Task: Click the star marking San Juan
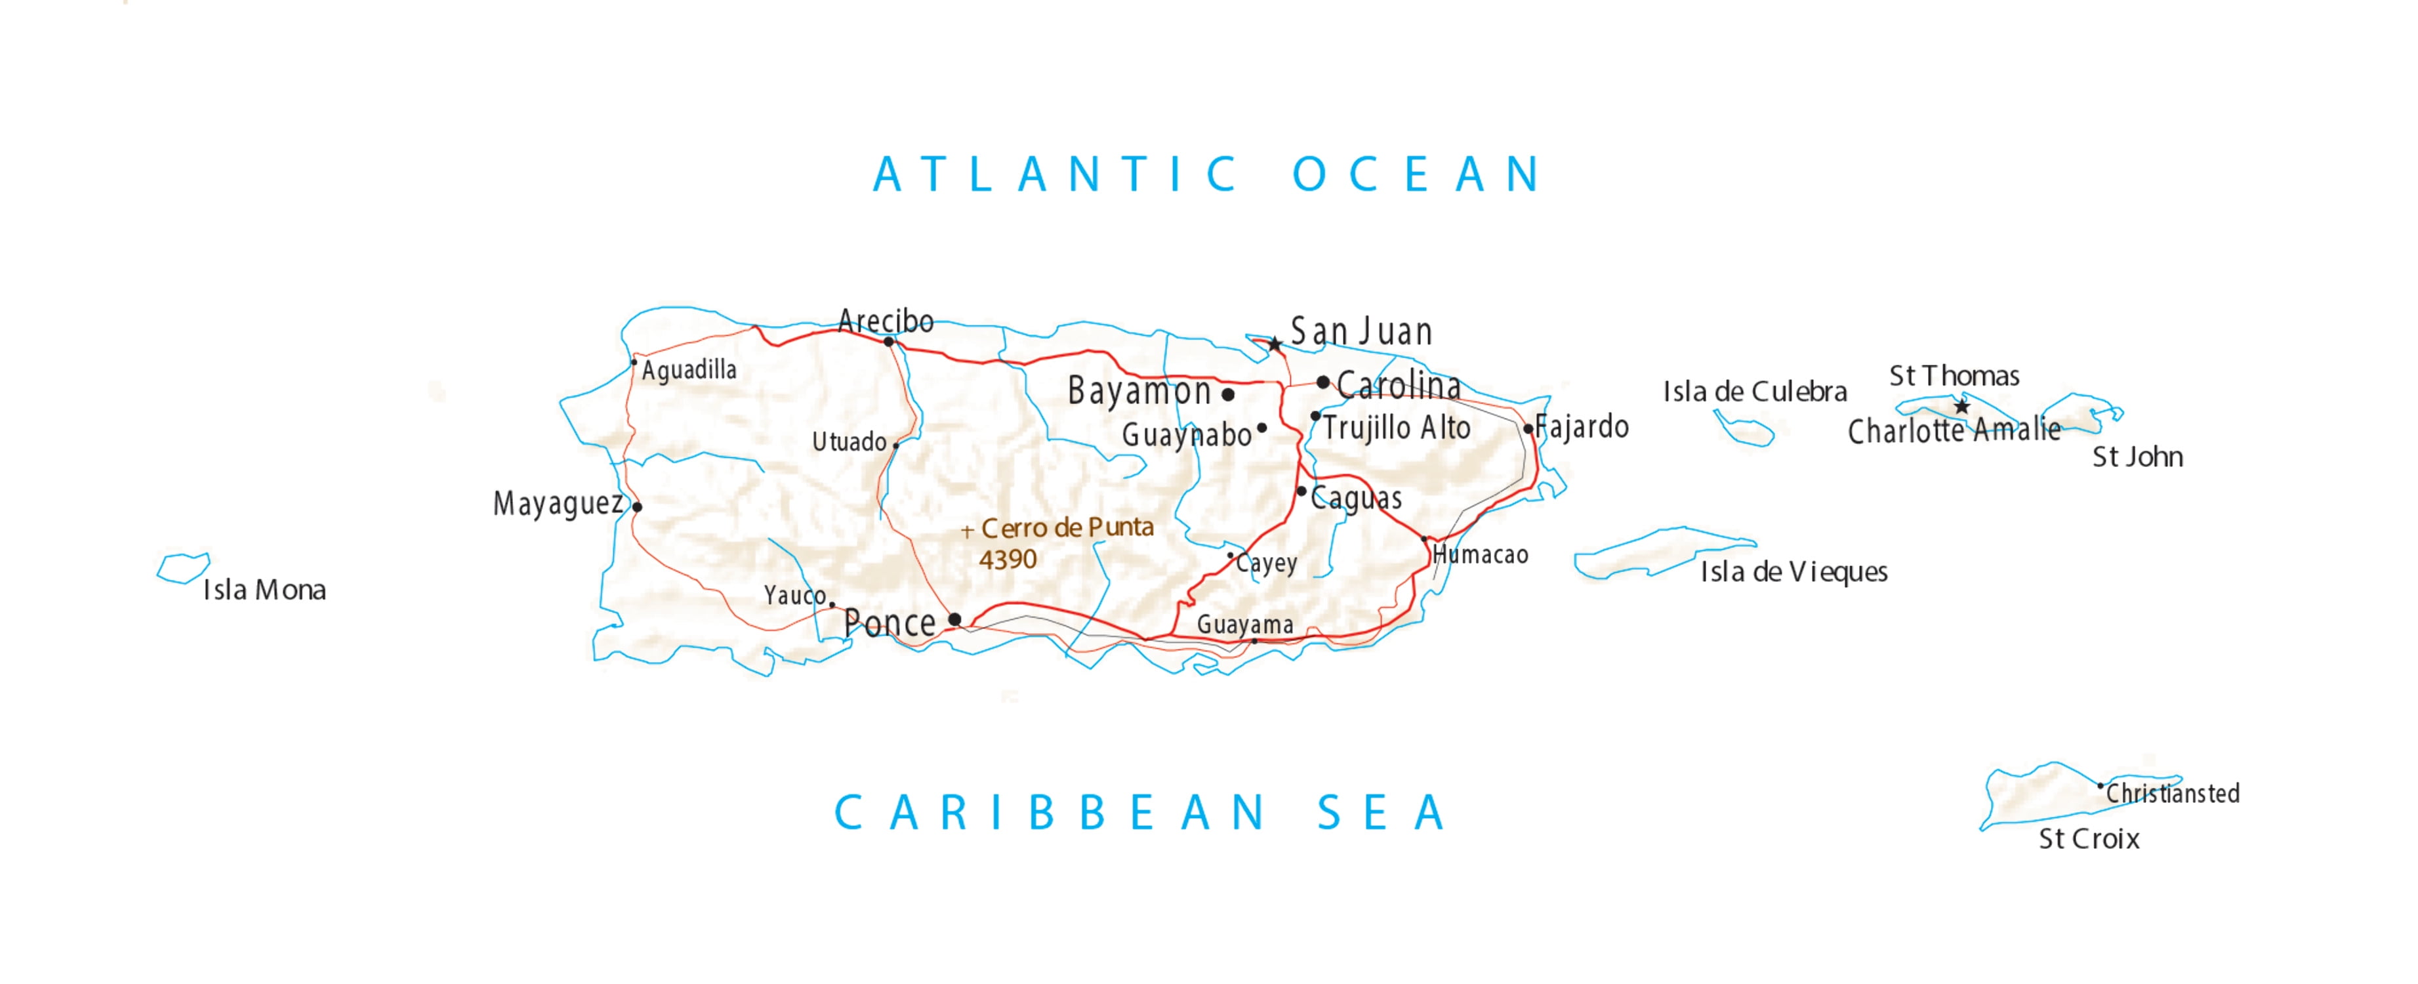(x=1275, y=344)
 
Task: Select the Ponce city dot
(x=954, y=619)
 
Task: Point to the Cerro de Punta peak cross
(x=967, y=533)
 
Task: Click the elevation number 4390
(x=1007, y=560)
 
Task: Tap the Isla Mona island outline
(x=183, y=568)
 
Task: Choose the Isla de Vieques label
(x=1793, y=572)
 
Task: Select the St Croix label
(x=2089, y=838)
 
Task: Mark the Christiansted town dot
(x=2100, y=786)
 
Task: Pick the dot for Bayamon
(x=1228, y=394)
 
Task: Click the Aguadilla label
(x=689, y=370)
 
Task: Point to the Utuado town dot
(x=895, y=445)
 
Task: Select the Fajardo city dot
(x=1528, y=429)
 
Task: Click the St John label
(x=2137, y=457)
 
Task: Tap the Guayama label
(x=1244, y=625)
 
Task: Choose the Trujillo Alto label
(x=1397, y=428)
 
